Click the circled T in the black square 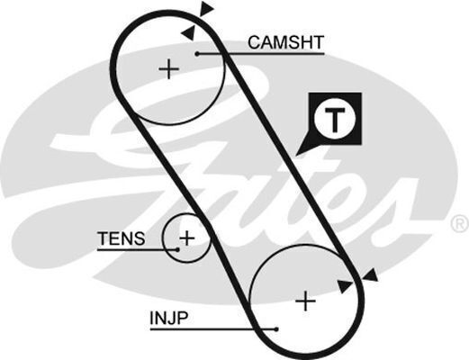(335, 118)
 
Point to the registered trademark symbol (457, 222)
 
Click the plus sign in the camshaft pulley (168, 69)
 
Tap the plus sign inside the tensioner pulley (186, 238)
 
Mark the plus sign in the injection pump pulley (306, 301)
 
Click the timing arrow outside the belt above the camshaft (207, 9)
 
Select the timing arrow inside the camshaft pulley (188, 32)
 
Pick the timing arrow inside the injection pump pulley (345, 285)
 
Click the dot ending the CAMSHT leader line (195, 54)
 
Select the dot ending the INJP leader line (277, 329)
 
